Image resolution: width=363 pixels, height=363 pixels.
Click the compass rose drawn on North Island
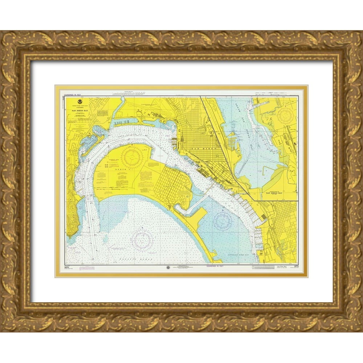pos(131,156)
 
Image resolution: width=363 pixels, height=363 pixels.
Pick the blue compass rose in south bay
pos(222,221)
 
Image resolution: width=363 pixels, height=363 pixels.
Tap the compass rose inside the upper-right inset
pos(285,116)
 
